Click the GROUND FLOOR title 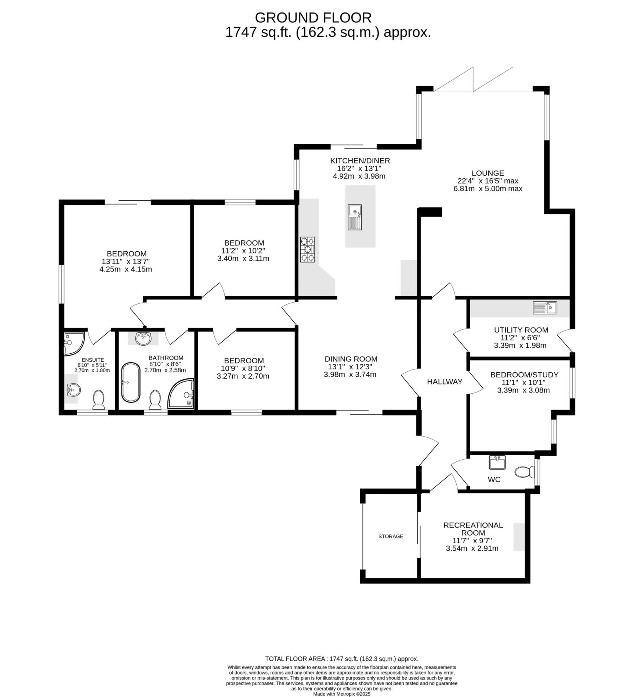coord(313,17)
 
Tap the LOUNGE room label coord(488,173)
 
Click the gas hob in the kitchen coord(308,250)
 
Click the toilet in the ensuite coord(99,400)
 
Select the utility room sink coord(545,307)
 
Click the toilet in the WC coord(525,472)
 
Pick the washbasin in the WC coord(497,462)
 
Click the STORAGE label coord(391,536)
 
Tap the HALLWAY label coord(445,382)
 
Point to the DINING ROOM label coord(351,359)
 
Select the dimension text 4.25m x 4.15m coord(126,269)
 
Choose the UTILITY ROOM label coord(521,330)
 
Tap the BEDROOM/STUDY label coord(524,375)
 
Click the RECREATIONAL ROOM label coord(473,529)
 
